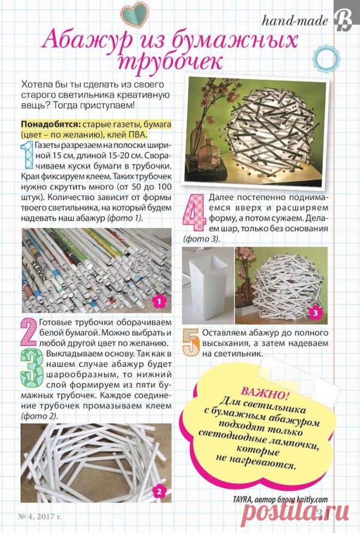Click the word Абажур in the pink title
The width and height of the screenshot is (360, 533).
coord(87,41)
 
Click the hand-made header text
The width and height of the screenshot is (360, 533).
coord(295,21)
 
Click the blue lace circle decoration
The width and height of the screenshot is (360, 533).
coord(326,59)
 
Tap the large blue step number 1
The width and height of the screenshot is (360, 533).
coord(27,155)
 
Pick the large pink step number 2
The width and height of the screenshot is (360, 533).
coord(28,332)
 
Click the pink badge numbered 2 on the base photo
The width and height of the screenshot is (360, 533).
coord(159,491)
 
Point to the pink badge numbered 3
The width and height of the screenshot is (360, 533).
coord(315,313)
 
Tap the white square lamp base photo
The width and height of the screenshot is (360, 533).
coord(208,286)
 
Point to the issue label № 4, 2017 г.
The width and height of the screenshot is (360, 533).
coord(40,517)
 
